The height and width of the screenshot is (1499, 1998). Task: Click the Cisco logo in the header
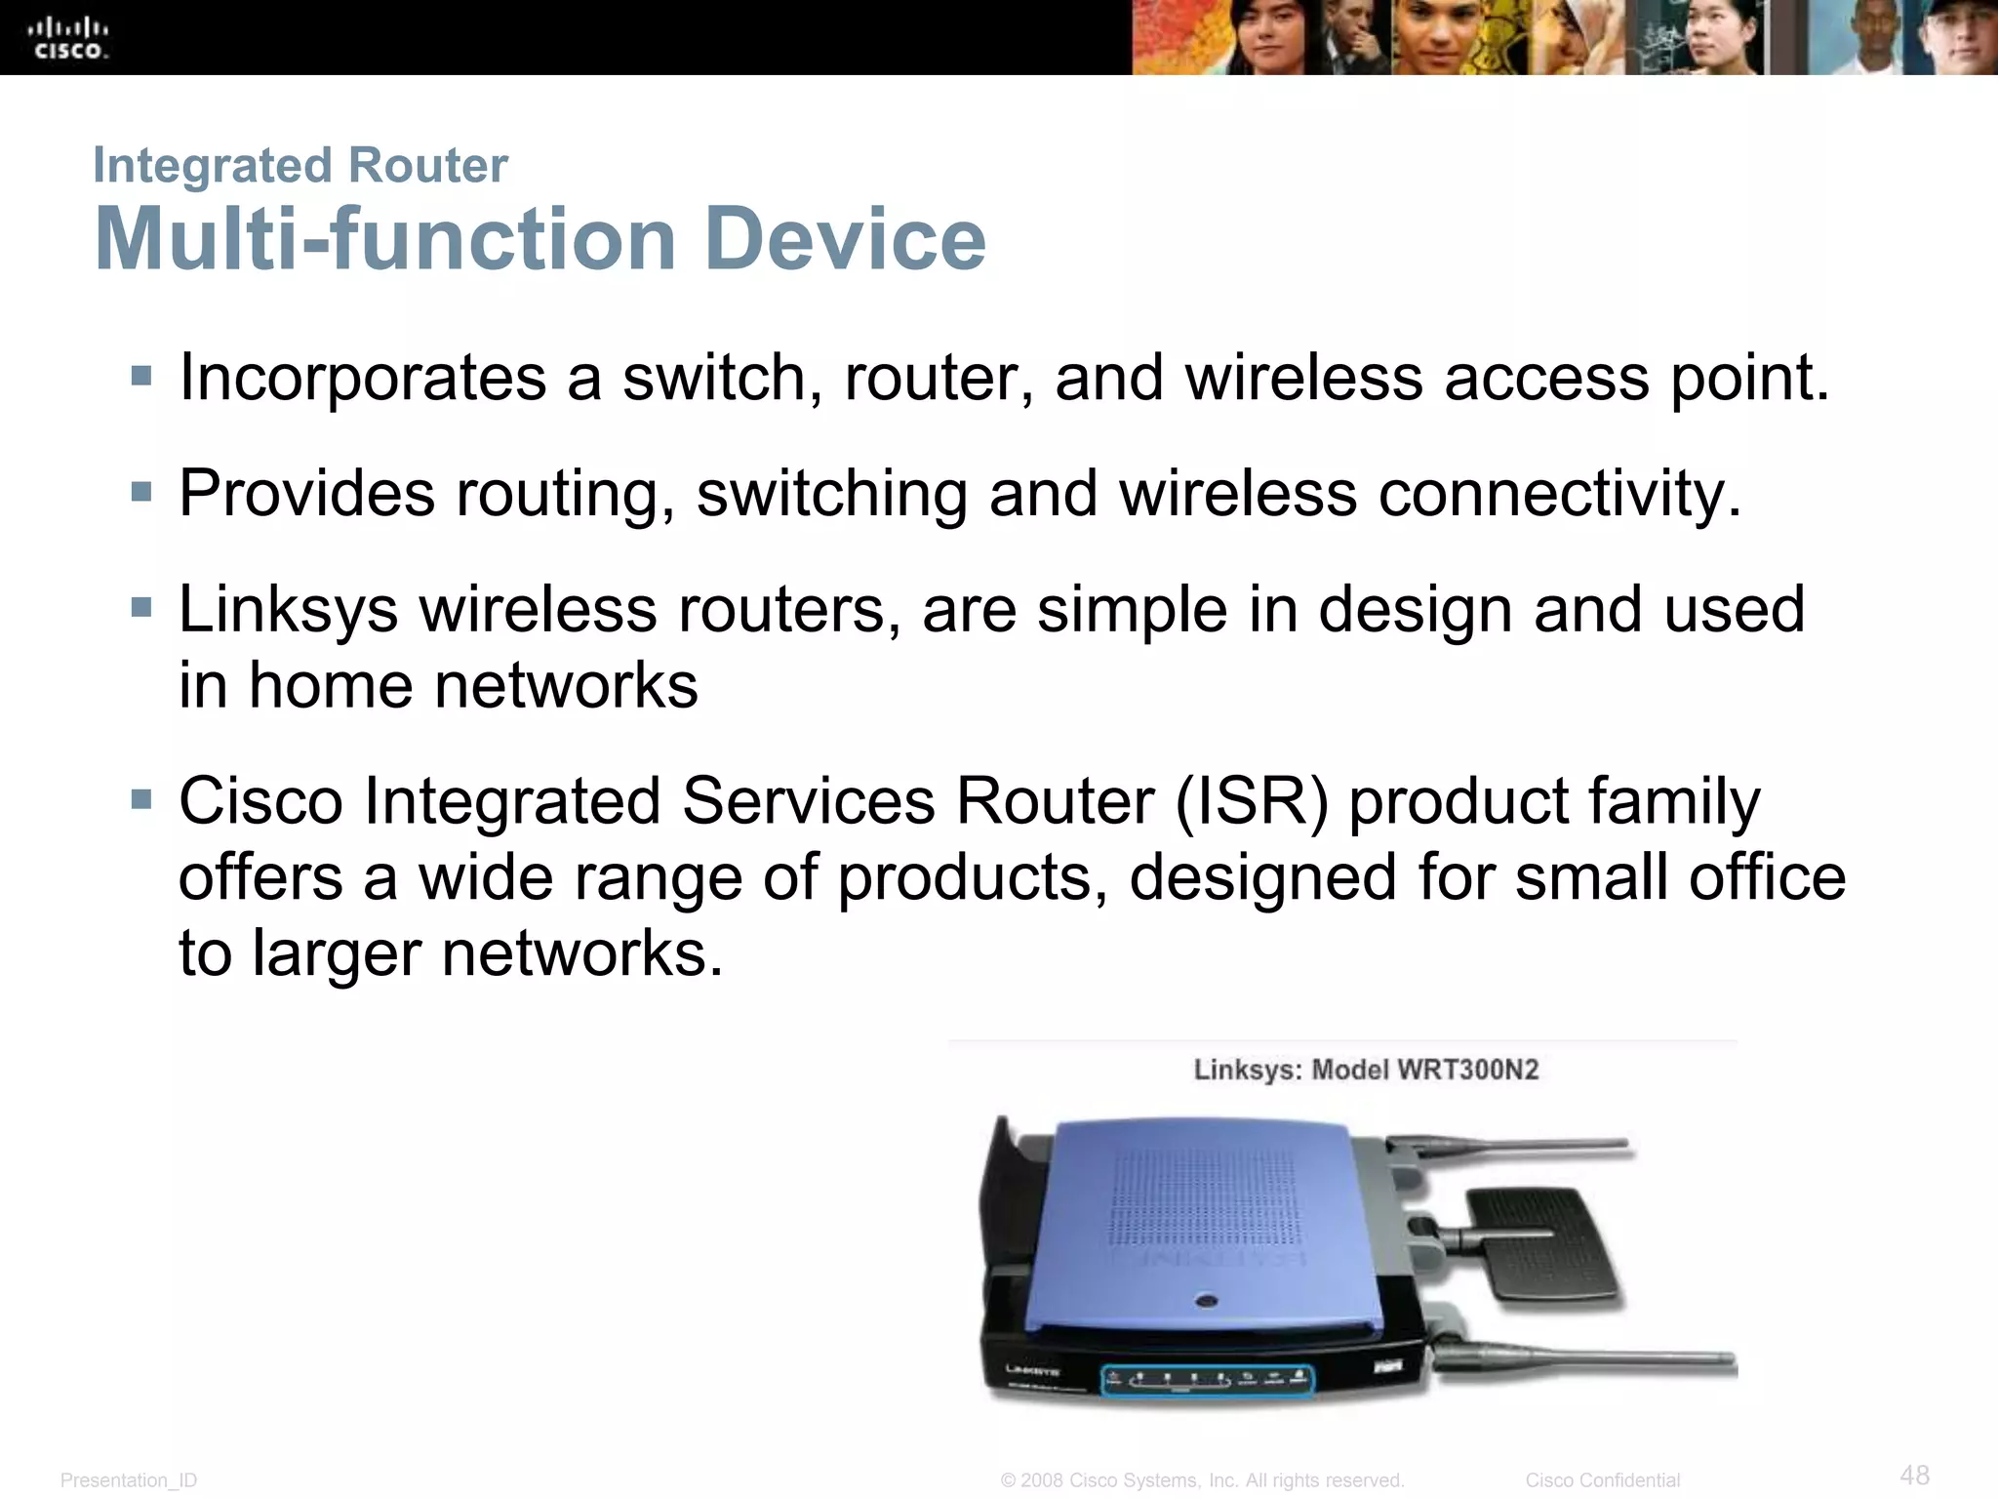click(x=68, y=39)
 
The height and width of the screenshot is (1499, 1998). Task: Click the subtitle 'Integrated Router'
click(x=300, y=165)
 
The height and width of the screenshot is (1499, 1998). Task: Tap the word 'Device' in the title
click(x=845, y=239)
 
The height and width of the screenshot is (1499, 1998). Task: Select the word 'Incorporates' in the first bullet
click(x=362, y=379)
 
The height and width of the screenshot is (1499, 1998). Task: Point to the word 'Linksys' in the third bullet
click(x=288, y=611)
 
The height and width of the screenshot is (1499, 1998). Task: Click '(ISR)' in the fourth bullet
click(x=1252, y=802)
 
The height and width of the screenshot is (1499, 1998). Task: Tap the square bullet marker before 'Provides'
click(x=141, y=491)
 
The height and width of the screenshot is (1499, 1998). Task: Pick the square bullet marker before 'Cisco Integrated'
click(x=141, y=800)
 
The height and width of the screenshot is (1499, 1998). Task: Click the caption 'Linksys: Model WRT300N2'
click(x=1366, y=1070)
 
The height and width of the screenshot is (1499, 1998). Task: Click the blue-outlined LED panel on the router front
click(x=1208, y=1380)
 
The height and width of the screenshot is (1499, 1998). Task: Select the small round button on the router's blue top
click(x=1207, y=1301)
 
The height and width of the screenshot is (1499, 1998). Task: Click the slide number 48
click(x=1914, y=1474)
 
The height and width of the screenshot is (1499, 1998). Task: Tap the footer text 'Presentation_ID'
click(x=129, y=1480)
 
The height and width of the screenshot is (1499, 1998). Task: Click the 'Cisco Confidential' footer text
click(x=1602, y=1480)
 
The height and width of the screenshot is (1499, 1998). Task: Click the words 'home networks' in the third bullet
click(x=473, y=686)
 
